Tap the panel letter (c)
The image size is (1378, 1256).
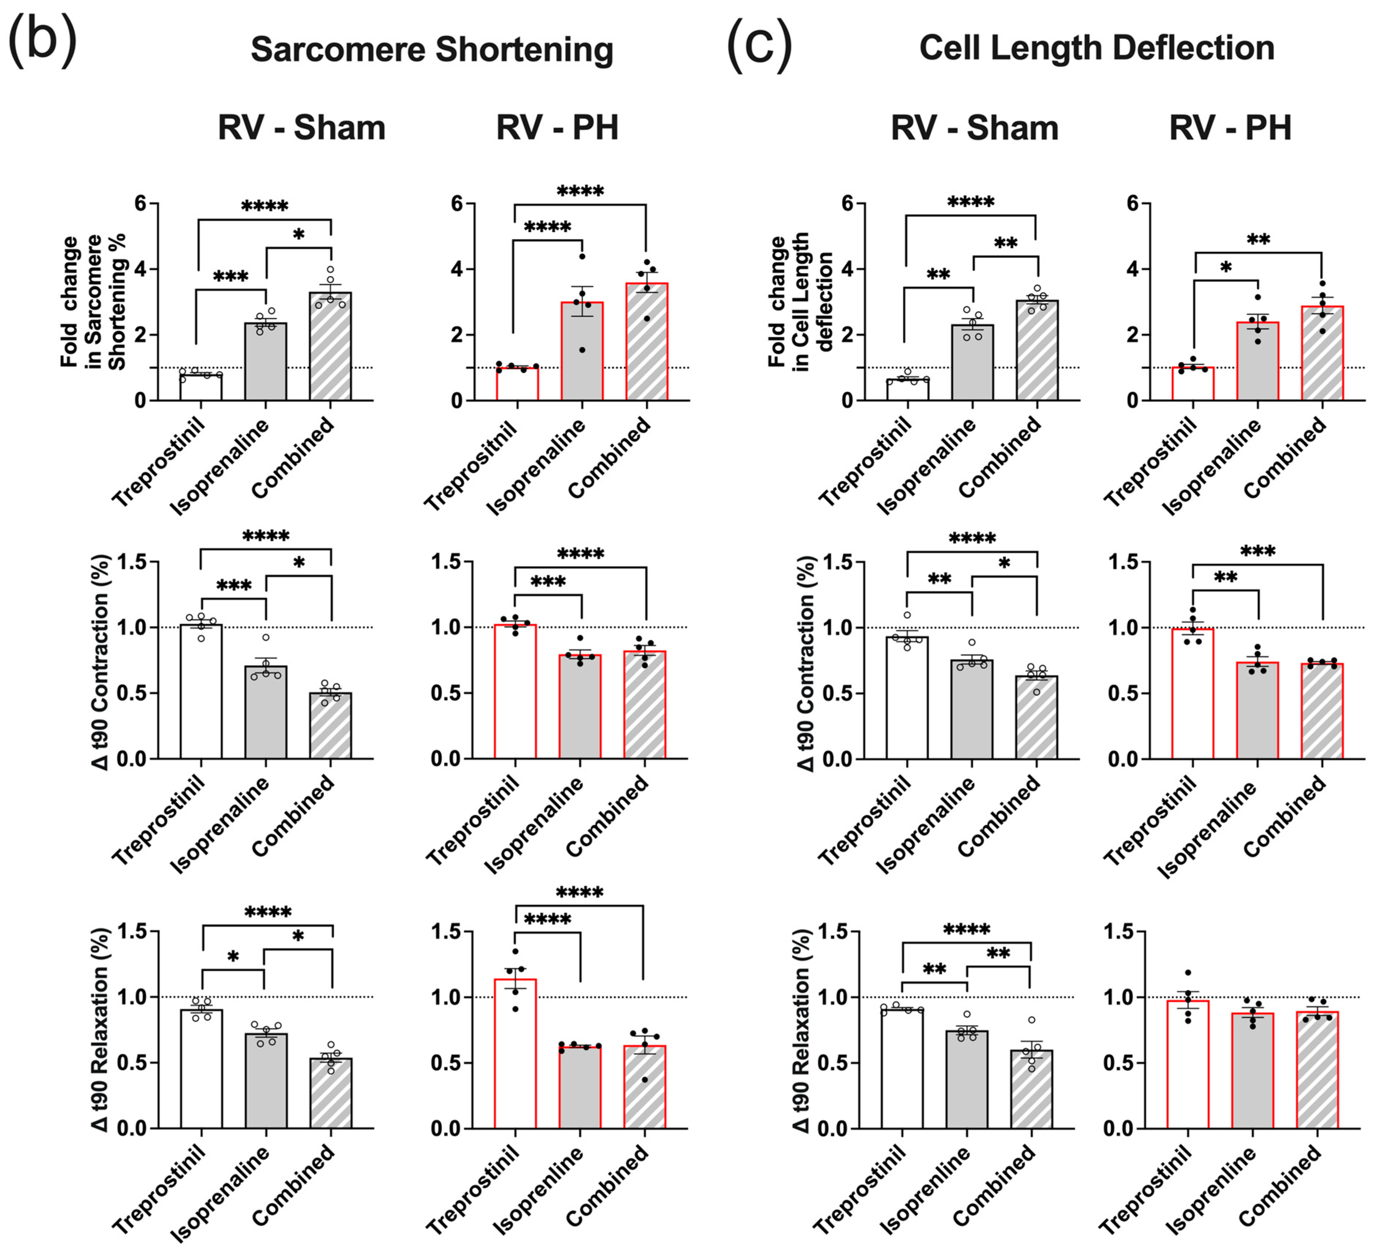(x=759, y=45)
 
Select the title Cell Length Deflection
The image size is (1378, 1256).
(x=1096, y=48)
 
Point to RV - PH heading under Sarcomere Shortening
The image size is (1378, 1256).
(x=557, y=128)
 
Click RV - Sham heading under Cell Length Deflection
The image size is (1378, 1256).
(x=974, y=128)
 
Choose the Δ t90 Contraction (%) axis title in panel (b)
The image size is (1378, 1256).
(x=101, y=663)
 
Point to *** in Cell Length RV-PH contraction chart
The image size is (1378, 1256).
(x=1258, y=551)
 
